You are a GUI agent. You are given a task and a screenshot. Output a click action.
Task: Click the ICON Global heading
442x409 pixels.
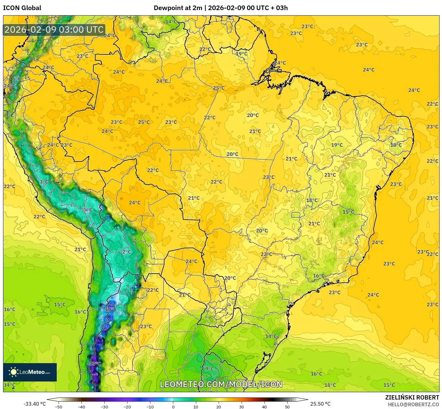(x=22, y=8)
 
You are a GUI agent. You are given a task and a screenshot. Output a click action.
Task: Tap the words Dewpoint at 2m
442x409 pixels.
(x=178, y=8)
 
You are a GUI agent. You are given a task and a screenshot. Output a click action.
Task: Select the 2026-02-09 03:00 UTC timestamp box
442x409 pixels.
(x=54, y=30)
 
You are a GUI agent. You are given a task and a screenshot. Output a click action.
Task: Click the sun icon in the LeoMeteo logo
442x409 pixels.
(x=13, y=372)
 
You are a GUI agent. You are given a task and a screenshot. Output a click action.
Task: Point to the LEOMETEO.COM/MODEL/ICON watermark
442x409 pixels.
(x=221, y=384)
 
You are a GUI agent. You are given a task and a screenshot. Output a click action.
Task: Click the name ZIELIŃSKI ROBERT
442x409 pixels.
(x=412, y=397)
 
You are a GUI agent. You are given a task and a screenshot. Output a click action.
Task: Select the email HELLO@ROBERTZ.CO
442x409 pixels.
(x=413, y=404)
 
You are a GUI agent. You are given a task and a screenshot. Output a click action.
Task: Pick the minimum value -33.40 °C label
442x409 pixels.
(x=34, y=404)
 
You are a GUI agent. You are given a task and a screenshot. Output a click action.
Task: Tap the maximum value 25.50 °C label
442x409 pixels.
(x=320, y=404)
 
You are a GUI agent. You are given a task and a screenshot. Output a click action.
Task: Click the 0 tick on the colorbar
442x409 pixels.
(x=173, y=407)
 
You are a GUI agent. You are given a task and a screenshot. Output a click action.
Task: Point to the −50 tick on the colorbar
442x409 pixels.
(x=58, y=407)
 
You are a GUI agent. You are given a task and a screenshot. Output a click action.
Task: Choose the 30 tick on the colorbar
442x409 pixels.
(x=242, y=407)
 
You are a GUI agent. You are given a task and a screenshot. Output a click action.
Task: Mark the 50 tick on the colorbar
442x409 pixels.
(x=287, y=407)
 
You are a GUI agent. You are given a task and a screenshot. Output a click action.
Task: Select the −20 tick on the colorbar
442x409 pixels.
(x=127, y=407)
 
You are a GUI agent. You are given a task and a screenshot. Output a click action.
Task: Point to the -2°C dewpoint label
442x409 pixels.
(x=126, y=252)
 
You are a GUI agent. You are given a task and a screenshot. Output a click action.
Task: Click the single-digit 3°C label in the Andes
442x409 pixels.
(x=44, y=182)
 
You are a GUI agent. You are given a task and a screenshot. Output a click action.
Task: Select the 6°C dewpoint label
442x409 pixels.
(x=16, y=79)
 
